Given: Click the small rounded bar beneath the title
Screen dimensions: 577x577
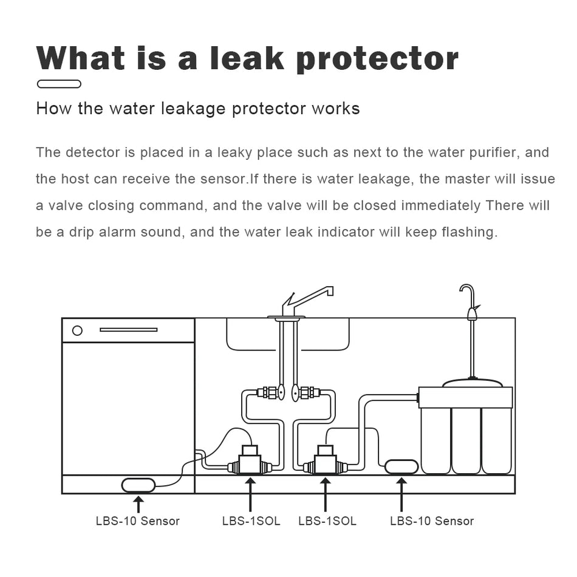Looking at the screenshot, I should click(x=59, y=84).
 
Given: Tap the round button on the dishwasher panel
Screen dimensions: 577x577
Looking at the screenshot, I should click(x=77, y=330).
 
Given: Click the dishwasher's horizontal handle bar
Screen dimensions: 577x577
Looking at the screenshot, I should click(x=128, y=330).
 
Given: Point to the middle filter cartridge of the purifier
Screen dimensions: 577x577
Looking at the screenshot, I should click(x=466, y=440).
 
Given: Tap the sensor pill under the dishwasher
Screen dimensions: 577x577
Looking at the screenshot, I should click(x=138, y=485).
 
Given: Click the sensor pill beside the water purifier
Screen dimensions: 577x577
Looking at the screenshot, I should click(x=401, y=466).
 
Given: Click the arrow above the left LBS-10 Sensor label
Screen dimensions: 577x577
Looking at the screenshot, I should click(x=138, y=504).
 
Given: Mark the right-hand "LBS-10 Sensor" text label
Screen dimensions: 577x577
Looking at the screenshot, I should click(x=431, y=521).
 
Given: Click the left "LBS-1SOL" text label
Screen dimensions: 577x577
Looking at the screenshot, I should click(x=251, y=521).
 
